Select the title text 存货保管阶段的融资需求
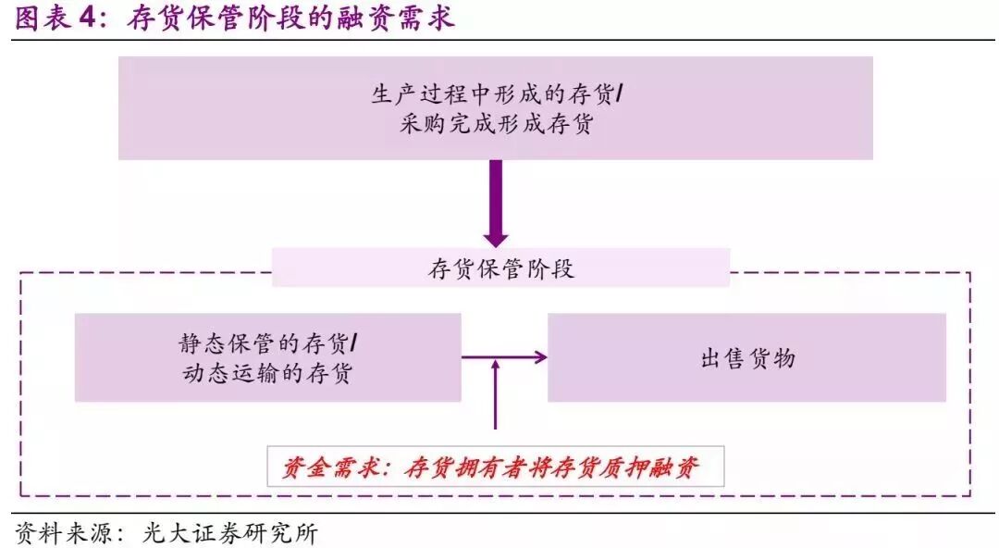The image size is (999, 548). (290, 19)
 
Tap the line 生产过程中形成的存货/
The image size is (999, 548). (495, 94)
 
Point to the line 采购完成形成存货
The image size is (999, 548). (495, 124)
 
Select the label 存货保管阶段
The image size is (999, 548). (500, 268)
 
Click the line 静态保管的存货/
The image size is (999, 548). (268, 343)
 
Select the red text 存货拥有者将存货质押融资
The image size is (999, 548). (551, 468)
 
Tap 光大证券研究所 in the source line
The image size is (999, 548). (229, 534)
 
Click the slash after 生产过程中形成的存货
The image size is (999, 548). (619, 94)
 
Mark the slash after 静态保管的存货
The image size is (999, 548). (355, 343)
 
